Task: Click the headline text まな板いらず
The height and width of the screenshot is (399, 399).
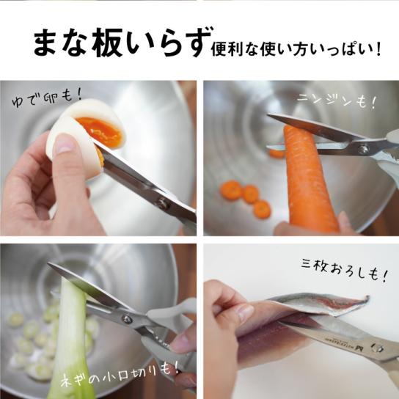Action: point(122,43)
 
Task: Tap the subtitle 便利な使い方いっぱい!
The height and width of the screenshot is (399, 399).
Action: point(296,50)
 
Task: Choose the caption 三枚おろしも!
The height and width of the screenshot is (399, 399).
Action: point(345,270)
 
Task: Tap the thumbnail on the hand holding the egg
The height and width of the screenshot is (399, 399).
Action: point(64,143)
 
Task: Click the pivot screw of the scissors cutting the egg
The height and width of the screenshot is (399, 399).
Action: point(161,203)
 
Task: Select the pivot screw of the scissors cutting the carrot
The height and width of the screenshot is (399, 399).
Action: point(362,149)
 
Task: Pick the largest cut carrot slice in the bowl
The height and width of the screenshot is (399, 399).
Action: point(232,190)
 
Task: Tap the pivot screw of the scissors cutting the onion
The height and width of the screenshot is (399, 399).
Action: point(126,318)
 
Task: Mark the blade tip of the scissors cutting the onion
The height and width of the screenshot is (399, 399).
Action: point(48,263)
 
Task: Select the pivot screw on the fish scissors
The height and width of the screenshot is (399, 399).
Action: point(378,348)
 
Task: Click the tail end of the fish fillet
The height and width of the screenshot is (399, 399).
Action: point(367,297)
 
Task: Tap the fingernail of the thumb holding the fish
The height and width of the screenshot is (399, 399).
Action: point(244,313)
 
